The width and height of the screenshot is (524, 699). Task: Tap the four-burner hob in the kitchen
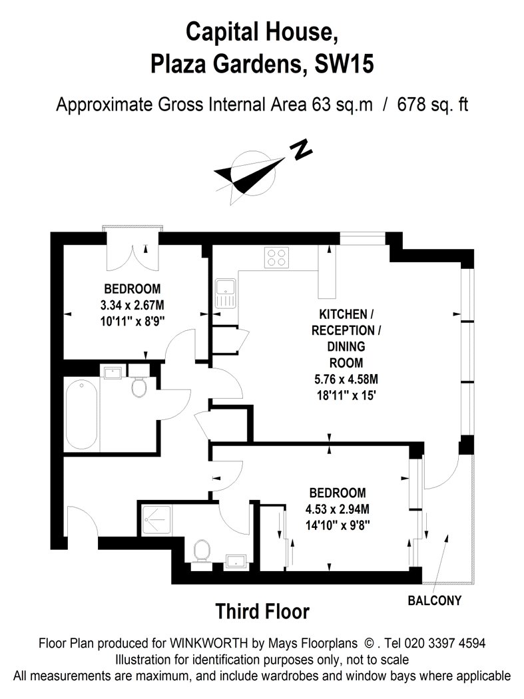pyautogui.click(x=276, y=257)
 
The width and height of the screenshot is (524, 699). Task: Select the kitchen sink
pyautogui.click(x=225, y=294)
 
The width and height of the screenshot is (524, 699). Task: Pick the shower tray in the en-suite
pyautogui.click(x=156, y=520)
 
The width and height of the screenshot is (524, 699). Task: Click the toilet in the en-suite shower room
pyautogui.click(x=202, y=555)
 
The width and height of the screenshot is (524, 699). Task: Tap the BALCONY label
pyautogui.click(x=434, y=600)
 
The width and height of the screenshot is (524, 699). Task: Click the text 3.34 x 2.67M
pyautogui.click(x=132, y=305)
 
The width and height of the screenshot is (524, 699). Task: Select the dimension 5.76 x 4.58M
pyautogui.click(x=346, y=379)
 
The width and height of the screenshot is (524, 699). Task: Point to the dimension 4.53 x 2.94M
pyautogui.click(x=337, y=509)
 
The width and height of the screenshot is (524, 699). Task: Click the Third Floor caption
pyautogui.click(x=262, y=611)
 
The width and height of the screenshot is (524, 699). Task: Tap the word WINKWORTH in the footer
pyautogui.click(x=208, y=643)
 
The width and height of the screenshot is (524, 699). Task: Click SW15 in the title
pyautogui.click(x=344, y=64)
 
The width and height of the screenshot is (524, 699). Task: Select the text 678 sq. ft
pyautogui.click(x=433, y=105)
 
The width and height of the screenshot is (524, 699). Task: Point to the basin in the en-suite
pyautogui.click(x=236, y=561)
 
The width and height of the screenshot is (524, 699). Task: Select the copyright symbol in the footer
pyautogui.click(x=370, y=643)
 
